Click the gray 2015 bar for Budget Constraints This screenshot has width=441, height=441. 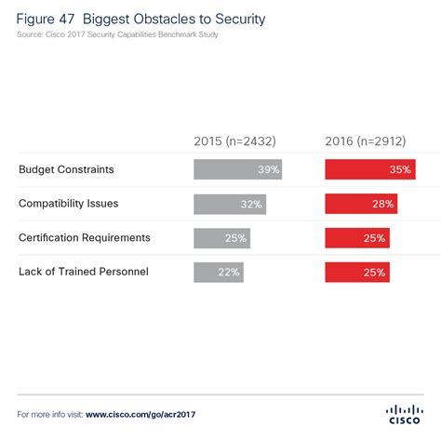(x=237, y=169)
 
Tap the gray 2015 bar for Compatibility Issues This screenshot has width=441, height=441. (x=229, y=204)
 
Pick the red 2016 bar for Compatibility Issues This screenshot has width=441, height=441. (x=361, y=204)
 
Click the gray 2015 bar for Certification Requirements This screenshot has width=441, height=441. (x=221, y=238)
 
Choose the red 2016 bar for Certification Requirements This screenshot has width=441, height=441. (x=357, y=238)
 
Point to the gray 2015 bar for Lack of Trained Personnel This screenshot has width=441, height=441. (x=218, y=273)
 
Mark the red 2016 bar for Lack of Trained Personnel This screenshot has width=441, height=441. (x=357, y=273)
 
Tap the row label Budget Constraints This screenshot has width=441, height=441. (x=66, y=169)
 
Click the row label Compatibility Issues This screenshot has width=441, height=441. (x=68, y=204)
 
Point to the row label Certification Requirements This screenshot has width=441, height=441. (x=83, y=238)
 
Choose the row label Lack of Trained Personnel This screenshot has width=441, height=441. (x=82, y=272)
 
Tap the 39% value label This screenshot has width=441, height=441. (x=268, y=169)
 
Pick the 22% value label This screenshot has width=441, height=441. (x=229, y=273)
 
